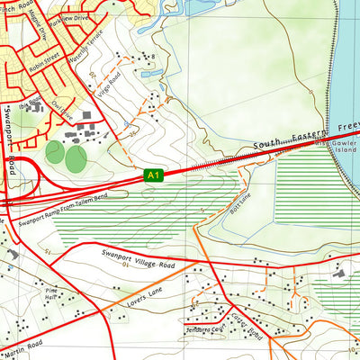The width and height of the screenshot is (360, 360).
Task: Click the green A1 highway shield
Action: [x=154, y=176]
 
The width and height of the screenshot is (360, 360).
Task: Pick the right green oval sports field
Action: [x=76, y=158]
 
